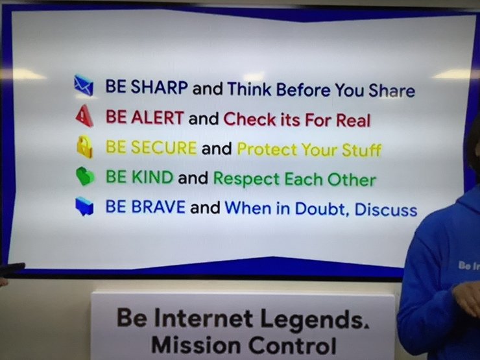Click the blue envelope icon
(x=84, y=85)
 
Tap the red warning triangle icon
(x=84, y=115)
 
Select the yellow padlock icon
(x=85, y=147)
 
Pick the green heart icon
(x=85, y=176)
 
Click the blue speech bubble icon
(x=84, y=206)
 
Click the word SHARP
(x=159, y=87)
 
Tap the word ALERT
(x=158, y=117)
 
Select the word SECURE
(x=163, y=147)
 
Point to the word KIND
(x=152, y=177)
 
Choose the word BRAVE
(x=158, y=206)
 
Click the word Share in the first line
(x=392, y=90)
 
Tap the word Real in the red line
(x=354, y=120)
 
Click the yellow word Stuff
(x=361, y=150)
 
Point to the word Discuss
(x=386, y=210)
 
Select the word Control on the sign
(x=292, y=345)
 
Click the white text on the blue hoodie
(x=469, y=266)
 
